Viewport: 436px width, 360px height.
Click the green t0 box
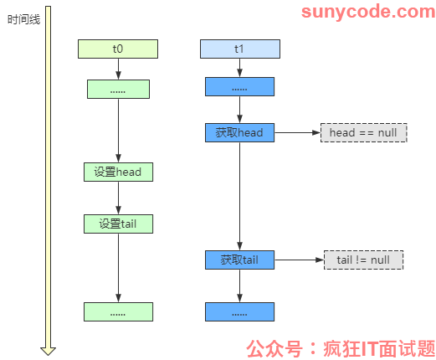coord(118,49)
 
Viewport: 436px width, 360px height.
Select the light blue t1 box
coord(240,49)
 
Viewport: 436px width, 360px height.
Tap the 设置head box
coord(118,172)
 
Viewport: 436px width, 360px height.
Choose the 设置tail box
coord(118,224)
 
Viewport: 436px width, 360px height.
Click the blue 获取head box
coord(239,132)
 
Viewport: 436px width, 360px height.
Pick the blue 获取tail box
coord(239,260)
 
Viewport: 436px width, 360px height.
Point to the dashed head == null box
coord(363,132)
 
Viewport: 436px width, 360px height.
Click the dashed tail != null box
coord(363,260)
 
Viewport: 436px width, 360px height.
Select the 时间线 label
coord(23,20)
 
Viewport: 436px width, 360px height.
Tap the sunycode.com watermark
coord(368,12)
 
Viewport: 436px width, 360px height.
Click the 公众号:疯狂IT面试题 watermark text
coord(341,349)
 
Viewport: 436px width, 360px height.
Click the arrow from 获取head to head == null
coord(297,132)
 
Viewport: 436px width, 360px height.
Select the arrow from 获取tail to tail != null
coord(299,260)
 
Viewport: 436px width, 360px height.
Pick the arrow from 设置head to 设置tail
coord(118,198)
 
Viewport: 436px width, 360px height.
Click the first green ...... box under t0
coord(118,89)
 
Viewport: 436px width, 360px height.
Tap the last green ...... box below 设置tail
coord(118,311)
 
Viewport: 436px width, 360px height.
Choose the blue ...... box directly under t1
coord(239,86)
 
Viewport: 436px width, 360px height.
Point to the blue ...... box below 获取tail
coord(239,311)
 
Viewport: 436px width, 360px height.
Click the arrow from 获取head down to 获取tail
coord(239,196)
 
